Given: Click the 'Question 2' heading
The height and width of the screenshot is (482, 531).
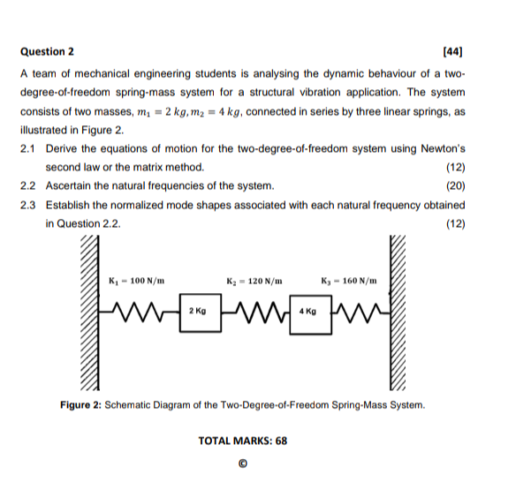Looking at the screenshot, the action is point(47,52).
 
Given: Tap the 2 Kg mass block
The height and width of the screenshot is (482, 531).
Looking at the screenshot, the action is point(198,312).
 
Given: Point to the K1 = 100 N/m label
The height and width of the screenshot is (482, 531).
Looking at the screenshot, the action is point(133,280).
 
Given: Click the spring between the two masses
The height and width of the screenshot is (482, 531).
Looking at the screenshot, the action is point(253,312).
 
